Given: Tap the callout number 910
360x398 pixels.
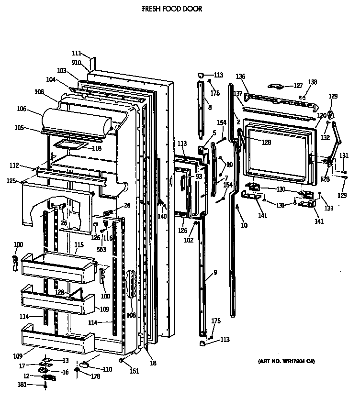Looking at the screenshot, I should [x=76, y=63].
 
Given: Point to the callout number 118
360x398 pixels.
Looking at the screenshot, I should [x=96, y=148].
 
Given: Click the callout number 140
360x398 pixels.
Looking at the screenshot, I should [x=162, y=216].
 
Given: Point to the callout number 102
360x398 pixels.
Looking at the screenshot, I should [x=189, y=240].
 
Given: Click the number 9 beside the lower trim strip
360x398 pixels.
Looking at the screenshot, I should [x=215, y=273].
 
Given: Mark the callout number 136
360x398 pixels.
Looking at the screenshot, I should [x=240, y=77].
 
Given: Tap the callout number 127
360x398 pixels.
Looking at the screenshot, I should [x=298, y=86].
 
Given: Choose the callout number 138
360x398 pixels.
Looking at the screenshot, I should [x=312, y=82].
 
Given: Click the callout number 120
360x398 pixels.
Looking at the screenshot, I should [x=322, y=116].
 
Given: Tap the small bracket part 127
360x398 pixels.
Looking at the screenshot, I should [x=277, y=86].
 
